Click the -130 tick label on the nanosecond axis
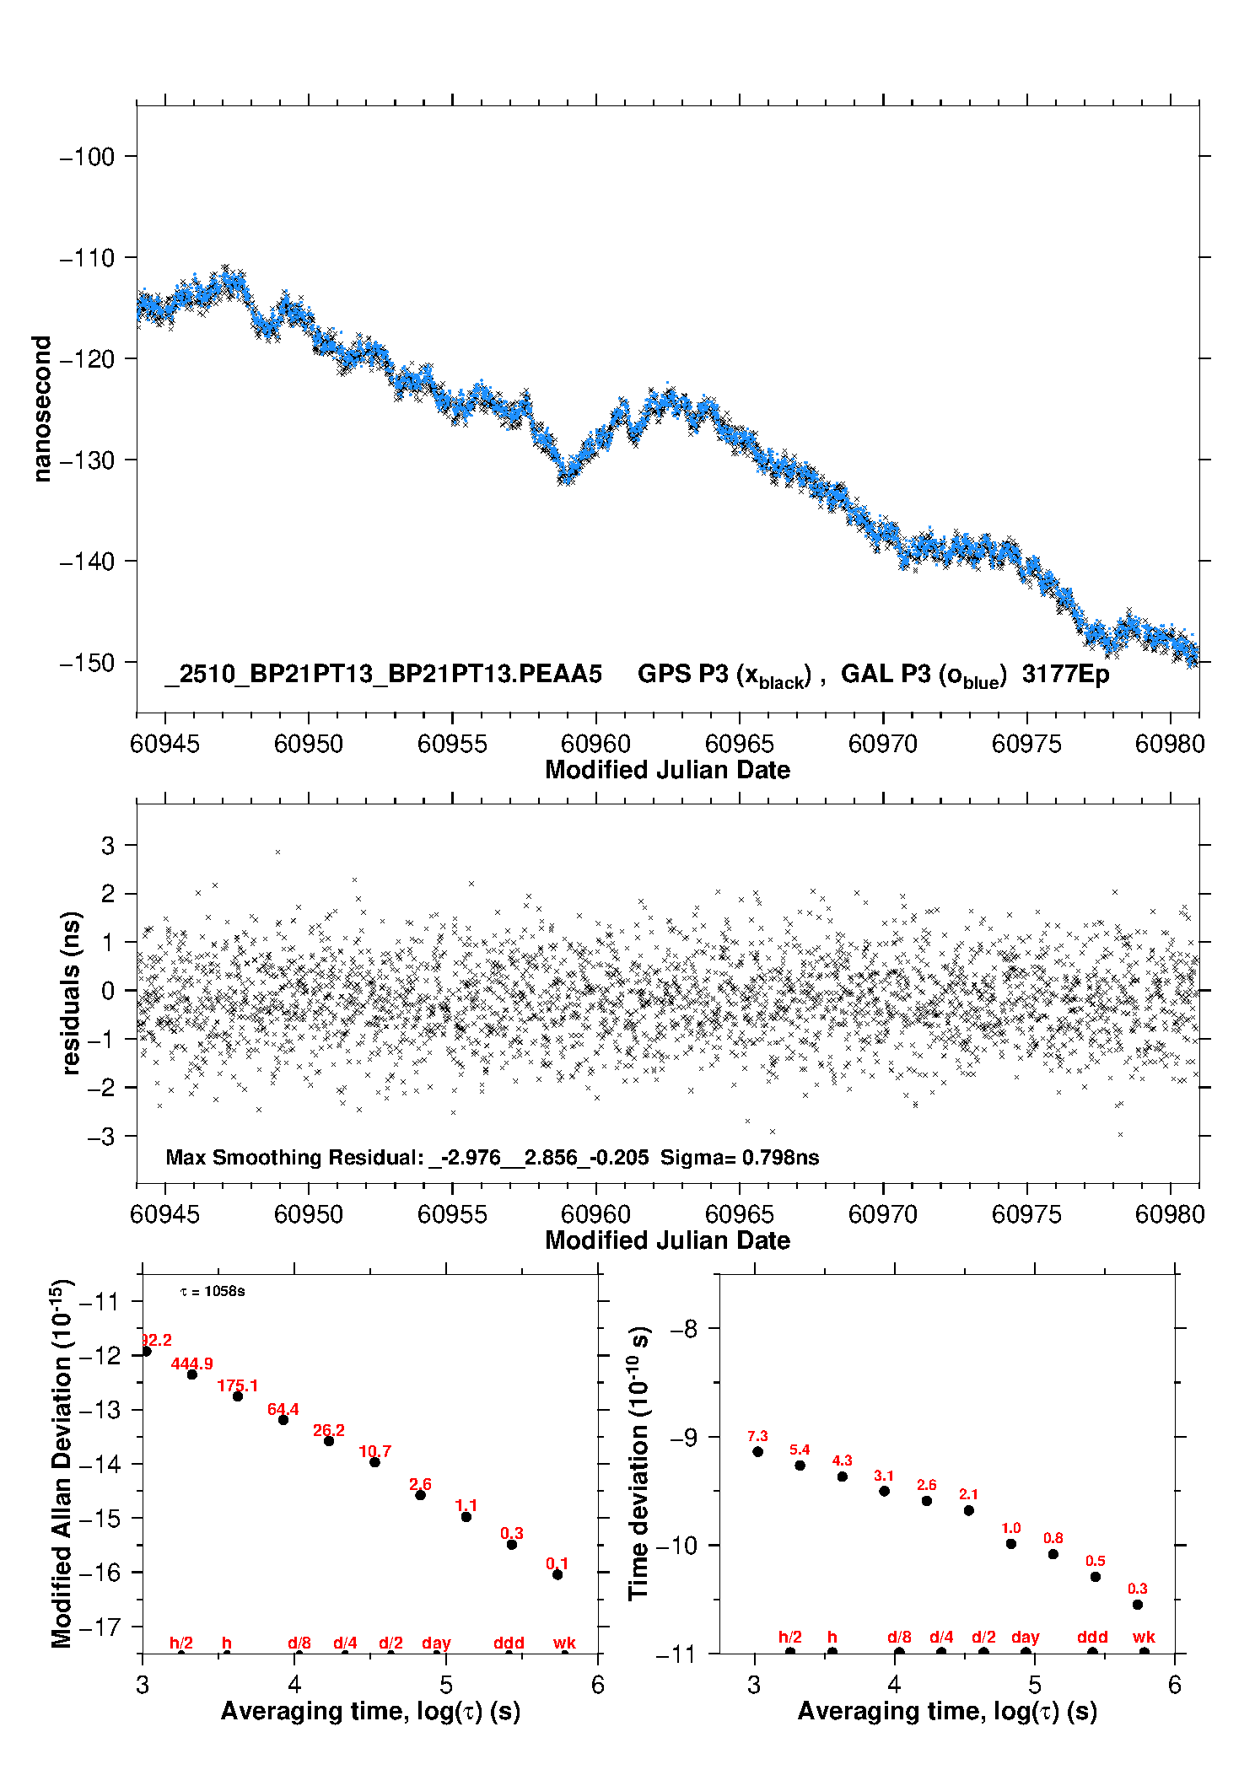tap(87, 460)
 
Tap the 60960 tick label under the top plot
tap(595, 744)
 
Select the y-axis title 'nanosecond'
tap(41, 409)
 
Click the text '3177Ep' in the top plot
tap(1065, 675)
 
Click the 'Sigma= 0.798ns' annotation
tap(739, 1158)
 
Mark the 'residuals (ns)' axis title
tap(71, 993)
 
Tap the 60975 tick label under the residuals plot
tap(1026, 1214)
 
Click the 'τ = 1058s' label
tap(213, 1292)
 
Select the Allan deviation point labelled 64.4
tap(283, 1420)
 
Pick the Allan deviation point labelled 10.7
tap(374, 1462)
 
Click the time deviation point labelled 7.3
tap(757, 1452)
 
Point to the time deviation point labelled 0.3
tap(1137, 1605)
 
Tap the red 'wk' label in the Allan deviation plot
tap(564, 1643)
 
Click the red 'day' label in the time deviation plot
tap(1025, 1637)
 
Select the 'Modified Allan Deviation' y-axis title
tap(62, 1464)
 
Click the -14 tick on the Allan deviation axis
tap(99, 1465)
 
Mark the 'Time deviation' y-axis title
tap(638, 1465)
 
